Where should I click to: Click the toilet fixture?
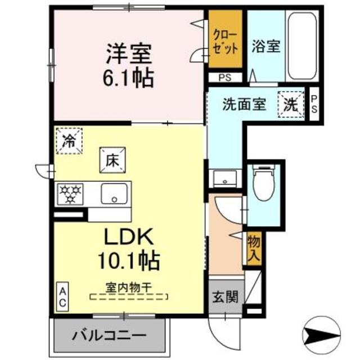(x=263, y=182)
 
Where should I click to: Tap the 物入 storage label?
(x=253, y=247)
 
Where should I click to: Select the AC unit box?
(x=63, y=298)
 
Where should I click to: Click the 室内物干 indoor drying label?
(x=128, y=286)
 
